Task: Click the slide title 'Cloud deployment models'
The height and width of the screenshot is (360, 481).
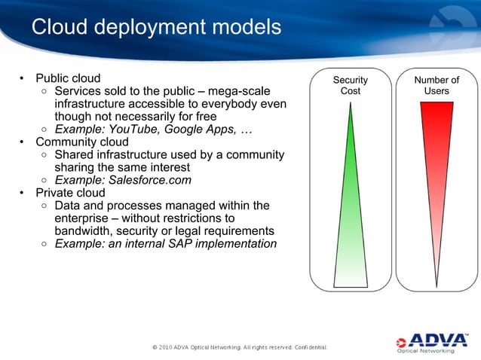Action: click(x=156, y=27)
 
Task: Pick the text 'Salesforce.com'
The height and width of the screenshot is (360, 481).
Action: click(x=149, y=181)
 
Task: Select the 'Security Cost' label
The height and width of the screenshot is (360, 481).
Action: click(x=351, y=85)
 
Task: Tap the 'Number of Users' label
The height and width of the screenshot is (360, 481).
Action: click(x=437, y=85)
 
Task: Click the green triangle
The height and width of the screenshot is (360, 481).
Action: click(x=351, y=226)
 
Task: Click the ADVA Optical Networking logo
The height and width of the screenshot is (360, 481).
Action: click(x=432, y=340)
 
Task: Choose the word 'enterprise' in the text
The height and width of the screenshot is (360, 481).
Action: click(x=84, y=218)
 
